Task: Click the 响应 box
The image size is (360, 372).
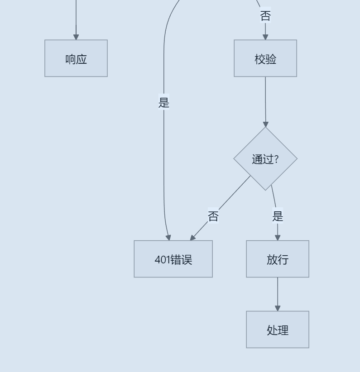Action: (76, 58)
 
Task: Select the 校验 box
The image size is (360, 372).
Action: (265, 58)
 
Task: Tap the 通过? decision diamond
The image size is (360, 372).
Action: (265, 158)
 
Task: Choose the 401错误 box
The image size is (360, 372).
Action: (173, 259)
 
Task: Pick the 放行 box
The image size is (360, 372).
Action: (278, 259)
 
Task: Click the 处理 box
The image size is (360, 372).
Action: (278, 329)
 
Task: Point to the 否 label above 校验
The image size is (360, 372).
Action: (265, 16)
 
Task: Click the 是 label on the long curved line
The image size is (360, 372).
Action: (164, 103)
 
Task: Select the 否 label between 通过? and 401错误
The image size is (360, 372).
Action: (213, 216)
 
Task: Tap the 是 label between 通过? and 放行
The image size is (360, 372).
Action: (278, 216)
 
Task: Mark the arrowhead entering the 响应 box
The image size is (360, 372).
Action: (76, 37)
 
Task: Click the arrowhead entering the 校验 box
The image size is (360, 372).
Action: (265, 37)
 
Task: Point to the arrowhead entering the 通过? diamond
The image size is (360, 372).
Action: (266, 124)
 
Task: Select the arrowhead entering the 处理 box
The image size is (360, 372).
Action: (278, 308)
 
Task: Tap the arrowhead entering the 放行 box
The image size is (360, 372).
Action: (278, 238)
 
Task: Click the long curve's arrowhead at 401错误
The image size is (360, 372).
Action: (168, 238)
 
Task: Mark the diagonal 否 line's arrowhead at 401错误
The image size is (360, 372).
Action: (193, 238)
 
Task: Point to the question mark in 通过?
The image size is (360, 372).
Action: (276, 159)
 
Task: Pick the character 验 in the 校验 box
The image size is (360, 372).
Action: (271, 59)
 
